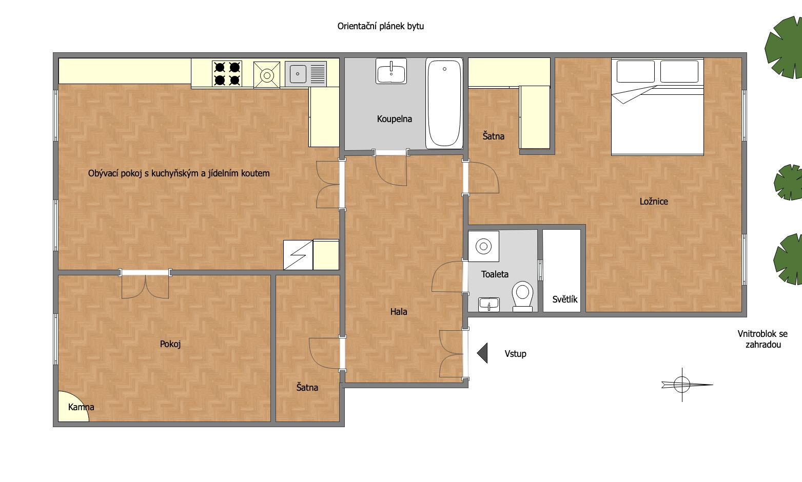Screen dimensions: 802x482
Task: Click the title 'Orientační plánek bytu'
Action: tap(381, 26)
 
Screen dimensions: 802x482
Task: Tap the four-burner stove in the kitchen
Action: tap(227, 74)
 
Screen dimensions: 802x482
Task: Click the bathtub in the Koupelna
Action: tap(444, 104)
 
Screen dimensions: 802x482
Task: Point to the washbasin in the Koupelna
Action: tap(391, 71)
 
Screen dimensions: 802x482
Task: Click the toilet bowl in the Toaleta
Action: tap(522, 296)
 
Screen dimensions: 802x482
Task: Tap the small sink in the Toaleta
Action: tap(489, 305)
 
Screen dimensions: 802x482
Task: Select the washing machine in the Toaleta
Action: tap(484, 246)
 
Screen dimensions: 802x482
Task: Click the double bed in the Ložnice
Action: tap(657, 107)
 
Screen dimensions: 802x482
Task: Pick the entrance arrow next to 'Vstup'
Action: tap(482, 353)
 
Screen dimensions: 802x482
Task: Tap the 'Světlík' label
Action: tap(564, 299)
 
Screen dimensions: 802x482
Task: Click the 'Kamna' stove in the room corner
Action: tap(73, 407)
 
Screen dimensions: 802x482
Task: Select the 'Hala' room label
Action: tap(399, 312)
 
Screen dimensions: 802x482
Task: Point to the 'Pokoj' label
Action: tap(170, 344)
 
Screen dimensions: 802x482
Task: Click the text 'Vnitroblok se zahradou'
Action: tap(762, 339)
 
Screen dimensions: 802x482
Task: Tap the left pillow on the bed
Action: tap(636, 72)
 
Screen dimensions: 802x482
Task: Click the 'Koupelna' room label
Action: tap(394, 119)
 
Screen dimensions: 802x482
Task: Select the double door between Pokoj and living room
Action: tap(145, 284)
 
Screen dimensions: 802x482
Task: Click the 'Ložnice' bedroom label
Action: tap(654, 202)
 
